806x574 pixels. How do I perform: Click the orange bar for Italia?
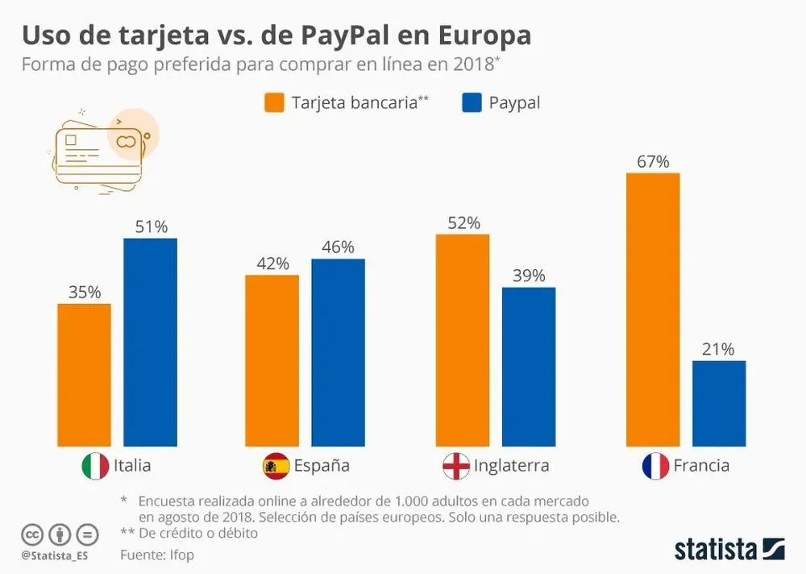[x=84, y=375]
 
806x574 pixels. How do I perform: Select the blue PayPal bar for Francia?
[x=719, y=403]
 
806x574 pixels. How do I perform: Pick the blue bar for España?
[x=338, y=352]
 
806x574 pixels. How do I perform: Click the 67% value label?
[x=653, y=161]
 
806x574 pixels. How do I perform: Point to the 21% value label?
[x=718, y=349]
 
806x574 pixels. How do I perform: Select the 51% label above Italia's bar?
[x=151, y=227]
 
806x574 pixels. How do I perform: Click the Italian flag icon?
[x=95, y=466]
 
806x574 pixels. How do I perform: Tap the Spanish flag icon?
[x=276, y=466]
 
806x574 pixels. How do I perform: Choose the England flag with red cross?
[x=456, y=466]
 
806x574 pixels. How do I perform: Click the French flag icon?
[x=655, y=466]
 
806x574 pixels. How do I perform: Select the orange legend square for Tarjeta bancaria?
[x=274, y=103]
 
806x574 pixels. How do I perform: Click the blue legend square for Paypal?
[x=472, y=103]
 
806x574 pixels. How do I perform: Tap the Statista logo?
[x=729, y=549]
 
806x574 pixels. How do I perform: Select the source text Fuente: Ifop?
[x=157, y=555]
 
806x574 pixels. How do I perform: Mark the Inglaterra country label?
[x=511, y=466]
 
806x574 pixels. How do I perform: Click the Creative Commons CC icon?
[x=32, y=534]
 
